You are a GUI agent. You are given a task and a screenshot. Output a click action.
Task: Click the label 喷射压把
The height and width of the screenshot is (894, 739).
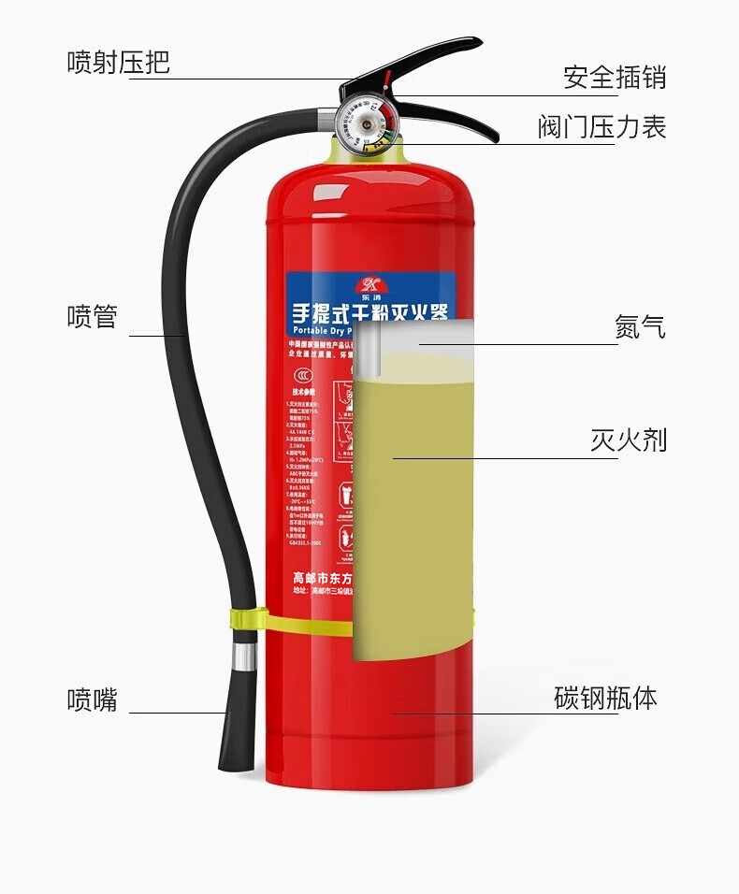click(x=118, y=63)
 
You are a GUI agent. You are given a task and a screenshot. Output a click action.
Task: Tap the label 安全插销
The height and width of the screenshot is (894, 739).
click(x=615, y=77)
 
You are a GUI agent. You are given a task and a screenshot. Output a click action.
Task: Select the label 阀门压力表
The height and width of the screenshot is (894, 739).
click(x=601, y=127)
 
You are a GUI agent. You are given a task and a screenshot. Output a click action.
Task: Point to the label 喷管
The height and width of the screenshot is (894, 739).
click(x=92, y=316)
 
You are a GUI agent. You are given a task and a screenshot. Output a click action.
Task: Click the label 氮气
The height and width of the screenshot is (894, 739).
click(x=641, y=327)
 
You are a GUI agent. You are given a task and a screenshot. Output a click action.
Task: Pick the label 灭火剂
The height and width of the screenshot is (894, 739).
click(x=628, y=440)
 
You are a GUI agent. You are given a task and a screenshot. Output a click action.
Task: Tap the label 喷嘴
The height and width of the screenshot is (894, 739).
click(x=92, y=699)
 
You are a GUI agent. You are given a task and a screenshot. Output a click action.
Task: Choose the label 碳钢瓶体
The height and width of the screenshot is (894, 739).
click(x=605, y=698)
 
